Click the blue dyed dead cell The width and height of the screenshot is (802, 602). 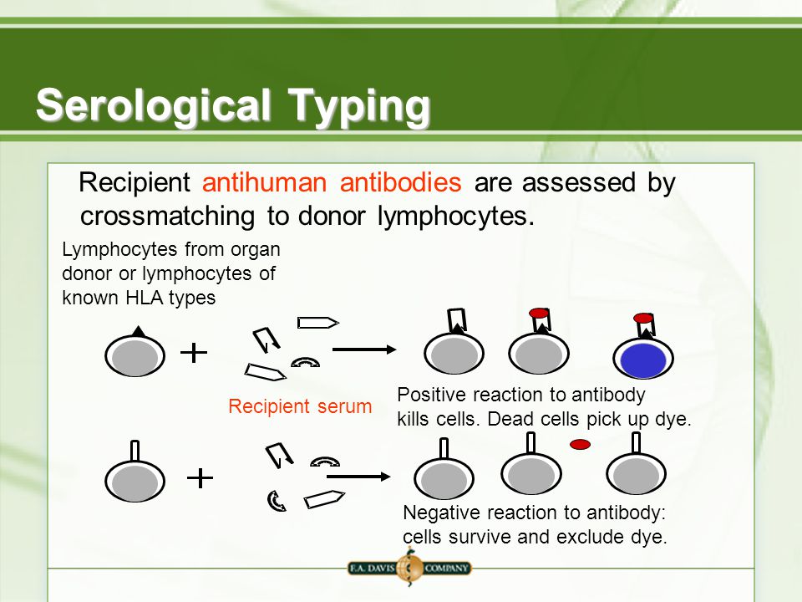pos(643,359)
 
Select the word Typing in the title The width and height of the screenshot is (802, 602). pos(359,106)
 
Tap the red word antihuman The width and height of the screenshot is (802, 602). pos(265,182)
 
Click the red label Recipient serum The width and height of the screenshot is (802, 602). pos(300,406)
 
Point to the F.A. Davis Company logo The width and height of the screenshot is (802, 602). pos(409,568)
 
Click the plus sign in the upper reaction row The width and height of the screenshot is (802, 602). pos(194,353)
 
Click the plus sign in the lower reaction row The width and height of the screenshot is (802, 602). pos(200,478)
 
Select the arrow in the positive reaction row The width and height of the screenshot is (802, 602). pos(364,349)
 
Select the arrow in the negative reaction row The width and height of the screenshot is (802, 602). pos(358,477)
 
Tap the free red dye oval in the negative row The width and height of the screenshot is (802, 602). pos(580,444)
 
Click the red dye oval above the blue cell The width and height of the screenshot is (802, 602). pos(643,318)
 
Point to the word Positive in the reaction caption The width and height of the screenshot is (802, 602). pos(432,395)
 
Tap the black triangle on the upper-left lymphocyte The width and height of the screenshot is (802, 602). pos(138,332)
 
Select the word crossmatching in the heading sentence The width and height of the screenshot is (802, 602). pos(167,216)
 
